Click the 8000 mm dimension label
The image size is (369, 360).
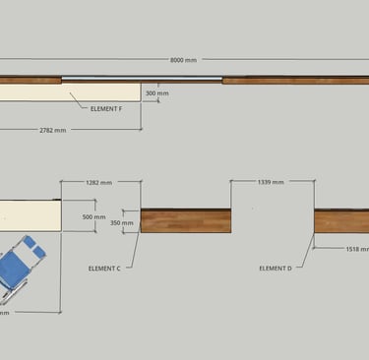click(183, 60)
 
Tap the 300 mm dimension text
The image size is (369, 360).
click(157, 93)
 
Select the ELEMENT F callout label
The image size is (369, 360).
click(106, 108)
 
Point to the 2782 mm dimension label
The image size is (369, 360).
click(53, 130)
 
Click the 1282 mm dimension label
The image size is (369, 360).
click(98, 182)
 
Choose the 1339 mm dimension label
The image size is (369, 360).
click(271, 182)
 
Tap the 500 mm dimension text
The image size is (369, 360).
click(93, 216)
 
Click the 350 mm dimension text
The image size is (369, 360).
click(122, 223)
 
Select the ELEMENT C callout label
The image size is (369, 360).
click(104, 269)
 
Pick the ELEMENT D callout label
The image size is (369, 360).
click(276, 269)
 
